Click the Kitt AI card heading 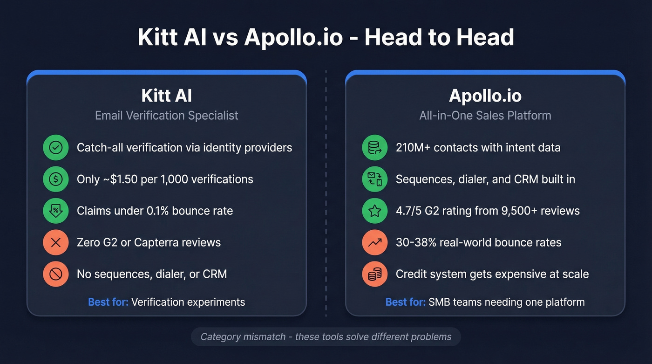166,96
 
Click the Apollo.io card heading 485,96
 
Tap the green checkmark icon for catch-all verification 56,148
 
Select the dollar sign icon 56,179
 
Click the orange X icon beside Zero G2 56,242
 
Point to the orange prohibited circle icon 56,274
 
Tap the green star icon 375,211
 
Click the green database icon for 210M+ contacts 375,148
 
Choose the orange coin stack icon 375,274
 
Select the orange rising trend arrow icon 375,242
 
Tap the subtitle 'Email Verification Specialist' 166,116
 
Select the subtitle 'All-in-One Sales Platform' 485,116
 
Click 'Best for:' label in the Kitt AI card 108,302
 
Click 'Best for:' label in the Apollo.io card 405,302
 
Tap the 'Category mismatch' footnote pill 326,337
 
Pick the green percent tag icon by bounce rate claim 56,211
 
